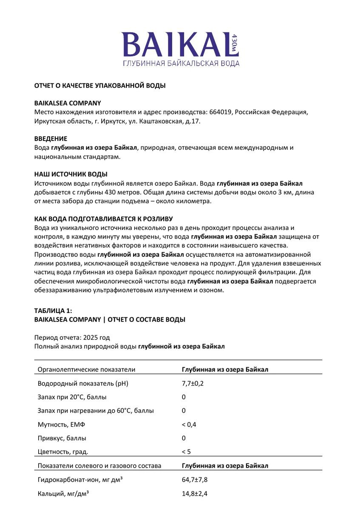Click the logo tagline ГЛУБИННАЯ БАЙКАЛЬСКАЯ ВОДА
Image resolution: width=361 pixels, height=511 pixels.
pyautogui.click(x=181, y=63)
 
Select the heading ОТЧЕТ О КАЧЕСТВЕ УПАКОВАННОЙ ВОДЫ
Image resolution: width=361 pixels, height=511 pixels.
pyautogui.click(x=100, y=86)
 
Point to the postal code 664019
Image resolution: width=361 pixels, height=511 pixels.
pyautogui.click(x=221, y=112)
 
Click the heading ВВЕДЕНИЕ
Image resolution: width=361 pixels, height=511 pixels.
pyautogui.click(x=51, y=139)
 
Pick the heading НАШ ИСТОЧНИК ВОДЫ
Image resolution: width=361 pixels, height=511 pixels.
pyautogui.click(x=71, y=174)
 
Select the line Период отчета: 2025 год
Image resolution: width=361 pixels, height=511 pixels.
pyautogui.click(x=72, y=337)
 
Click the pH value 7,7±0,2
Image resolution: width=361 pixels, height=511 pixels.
pyautogui.click(x=193, y=383)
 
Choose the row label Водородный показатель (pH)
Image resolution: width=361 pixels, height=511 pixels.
pyautogui.click(x=83, y=383)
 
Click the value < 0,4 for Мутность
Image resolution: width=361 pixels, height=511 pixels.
pyautogui.click(x=189, y=425)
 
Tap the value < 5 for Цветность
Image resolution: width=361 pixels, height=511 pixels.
pyautogui.click(x=186, y=452)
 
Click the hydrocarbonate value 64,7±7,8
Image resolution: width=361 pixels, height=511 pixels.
pyautogui.click(x=195, y=479)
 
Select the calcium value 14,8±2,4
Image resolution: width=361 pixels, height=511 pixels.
pyautogui.click(x=195, y=494)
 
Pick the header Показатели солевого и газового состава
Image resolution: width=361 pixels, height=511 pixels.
pyautogui.click(x=99, y=466)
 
